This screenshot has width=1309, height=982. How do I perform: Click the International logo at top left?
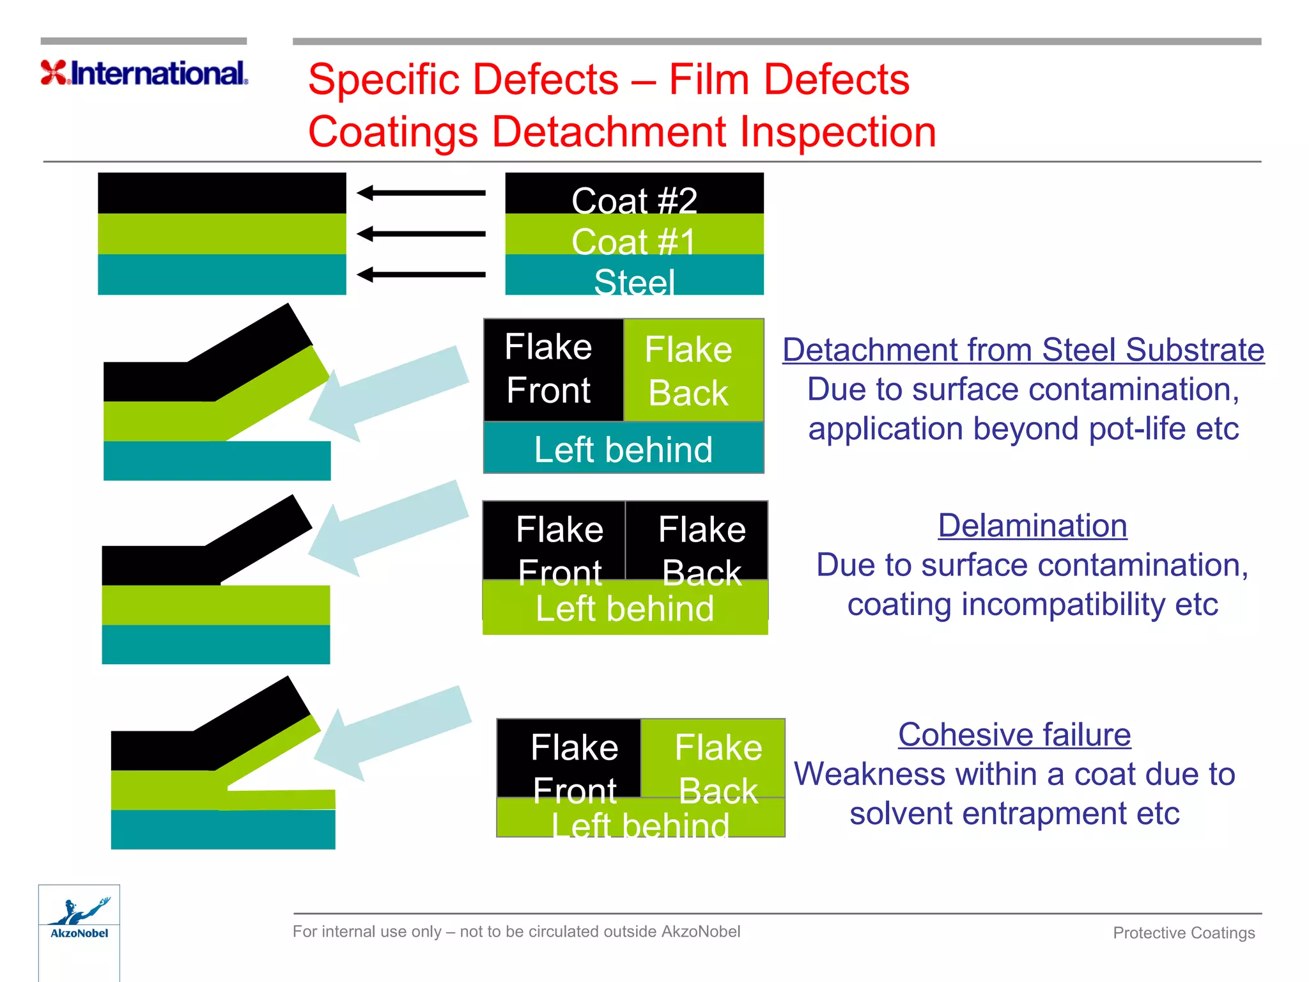pyautogui.click(x=144, y=73)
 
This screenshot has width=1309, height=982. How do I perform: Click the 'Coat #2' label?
pyautogui.click(x=634, y=200)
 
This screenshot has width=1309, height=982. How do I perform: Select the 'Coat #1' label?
pyautogui.click(x=634, y=241)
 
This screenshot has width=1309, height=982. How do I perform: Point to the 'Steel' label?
pyautogui.click(x=634, y=281)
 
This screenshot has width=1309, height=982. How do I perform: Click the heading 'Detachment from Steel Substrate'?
pyautogui.click(x=1023, y=350)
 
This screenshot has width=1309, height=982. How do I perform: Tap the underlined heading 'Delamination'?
pyautogui.click(x=1032, y=526)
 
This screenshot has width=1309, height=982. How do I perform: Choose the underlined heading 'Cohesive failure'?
pyautogui.click(x=1014, y=735)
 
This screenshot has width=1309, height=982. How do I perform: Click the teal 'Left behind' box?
pyautogui.click(x=623, y=449)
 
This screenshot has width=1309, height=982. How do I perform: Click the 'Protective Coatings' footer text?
pyautogui.click(x=1184, y=933)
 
